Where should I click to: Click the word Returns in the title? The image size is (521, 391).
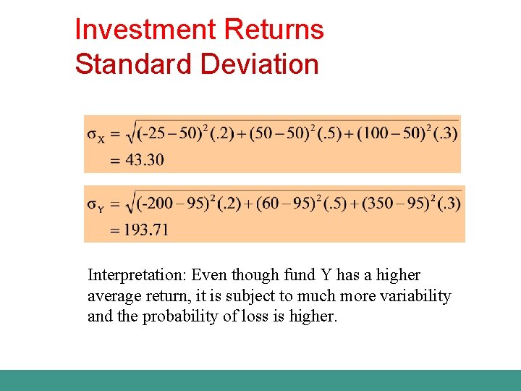click(x=274, y=30)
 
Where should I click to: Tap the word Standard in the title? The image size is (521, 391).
click(x=134, y=64)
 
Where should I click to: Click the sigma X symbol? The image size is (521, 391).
click(x=95, y=135)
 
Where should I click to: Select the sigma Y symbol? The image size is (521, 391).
click(x=95, y=205)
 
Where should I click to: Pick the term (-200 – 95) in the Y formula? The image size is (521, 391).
click(x=169, y=204)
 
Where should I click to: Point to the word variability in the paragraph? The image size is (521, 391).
click(x=416, y=296)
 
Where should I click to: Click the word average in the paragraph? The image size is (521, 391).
click(x=114, y=296)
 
